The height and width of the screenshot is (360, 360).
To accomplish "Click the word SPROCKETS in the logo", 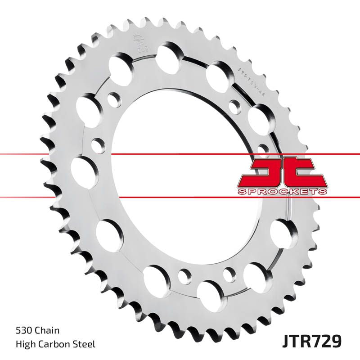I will pyautogui.click(x=282, y=192).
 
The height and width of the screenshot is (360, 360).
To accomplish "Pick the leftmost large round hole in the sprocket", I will pyautogui.click(x=85, y=172).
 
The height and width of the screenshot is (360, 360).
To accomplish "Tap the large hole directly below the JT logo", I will pyautogui.click(x=283, y=233).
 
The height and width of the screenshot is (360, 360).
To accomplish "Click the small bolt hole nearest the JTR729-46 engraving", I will pyautogui.click(x=234, y=107).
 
